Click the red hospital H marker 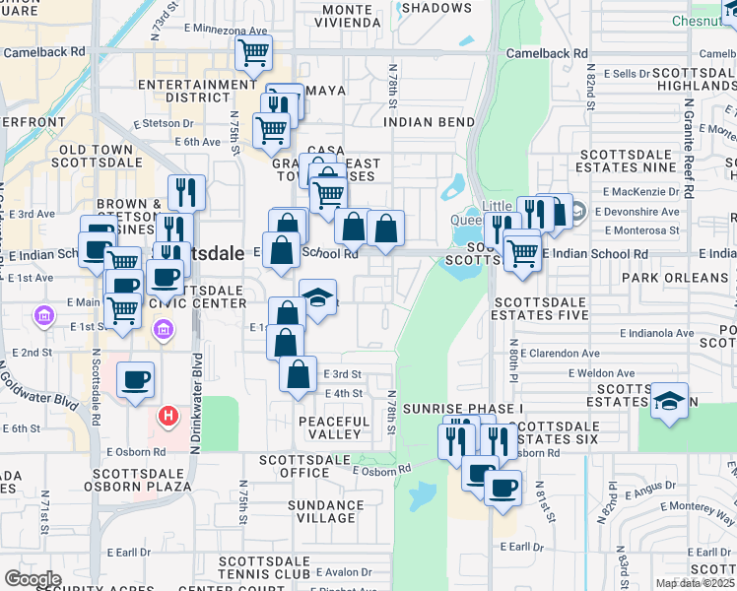pyautogui.click(x=168, y=417)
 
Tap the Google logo pyautogui.click(x=32, y=579)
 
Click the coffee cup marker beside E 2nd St pyautogui.click(x=135, y=379)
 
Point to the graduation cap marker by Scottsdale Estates pyautogui.click(x=669, y=401)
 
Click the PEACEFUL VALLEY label pyautogui.click(x=334, y=427)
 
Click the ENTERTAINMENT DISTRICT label pyautogui.click(x=197, y=91)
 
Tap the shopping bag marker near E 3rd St pyautogui.click(x=298, y=374)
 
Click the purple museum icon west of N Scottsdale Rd pyautogui.click(x=42, y=316)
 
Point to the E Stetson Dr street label pyautogui.click(x=165, y=123)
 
